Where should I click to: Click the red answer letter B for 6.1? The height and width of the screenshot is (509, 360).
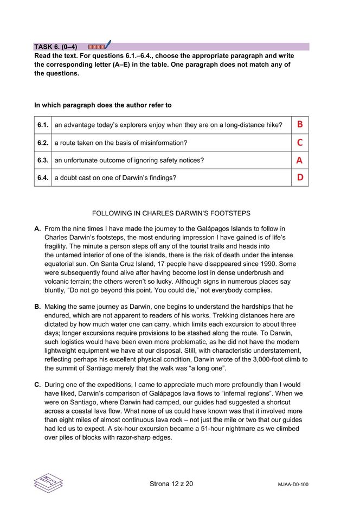299,125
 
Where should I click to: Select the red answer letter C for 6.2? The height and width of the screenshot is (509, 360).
299,143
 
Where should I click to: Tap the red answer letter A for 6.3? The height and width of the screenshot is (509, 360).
299,160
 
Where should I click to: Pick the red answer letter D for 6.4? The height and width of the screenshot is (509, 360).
299,177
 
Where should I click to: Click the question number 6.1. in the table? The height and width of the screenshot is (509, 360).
43,125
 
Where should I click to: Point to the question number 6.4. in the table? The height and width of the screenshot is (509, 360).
43,177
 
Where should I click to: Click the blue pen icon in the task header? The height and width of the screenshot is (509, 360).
108,44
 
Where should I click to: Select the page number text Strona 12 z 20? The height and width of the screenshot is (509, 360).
171,483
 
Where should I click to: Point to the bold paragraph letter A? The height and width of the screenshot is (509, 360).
37,229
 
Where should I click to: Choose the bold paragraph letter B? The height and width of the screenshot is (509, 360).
37,307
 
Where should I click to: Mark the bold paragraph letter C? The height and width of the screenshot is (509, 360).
37,385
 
